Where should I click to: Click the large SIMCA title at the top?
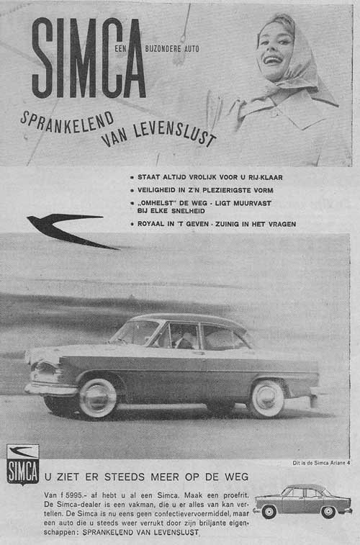coord(88,59)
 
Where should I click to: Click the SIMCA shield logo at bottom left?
coord(22,464)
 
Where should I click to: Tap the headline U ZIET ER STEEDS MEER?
coord(147,477)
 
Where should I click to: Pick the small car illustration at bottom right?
coord(302,501)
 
